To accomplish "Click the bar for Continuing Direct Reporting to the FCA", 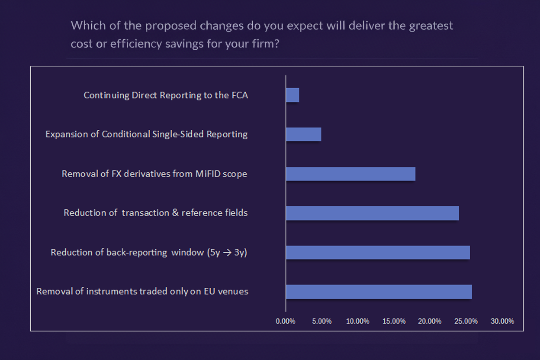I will tap(292, 95).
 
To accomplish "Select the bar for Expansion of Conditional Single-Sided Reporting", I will tap(303, 135).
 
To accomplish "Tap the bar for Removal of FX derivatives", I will tap(350, 174).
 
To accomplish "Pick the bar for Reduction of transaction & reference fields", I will tap(372, 213).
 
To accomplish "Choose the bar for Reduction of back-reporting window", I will tap(378, 253).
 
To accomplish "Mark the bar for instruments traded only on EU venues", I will tap(379, 292).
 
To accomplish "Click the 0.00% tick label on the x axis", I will tap(286, 321).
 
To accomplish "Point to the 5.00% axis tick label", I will tap(322, 321).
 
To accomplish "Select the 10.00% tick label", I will tap(358, 321).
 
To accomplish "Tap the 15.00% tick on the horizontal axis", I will tap(395, 321).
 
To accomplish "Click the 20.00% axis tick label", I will tap(431, 321).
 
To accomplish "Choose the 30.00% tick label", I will tap(503, 321).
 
